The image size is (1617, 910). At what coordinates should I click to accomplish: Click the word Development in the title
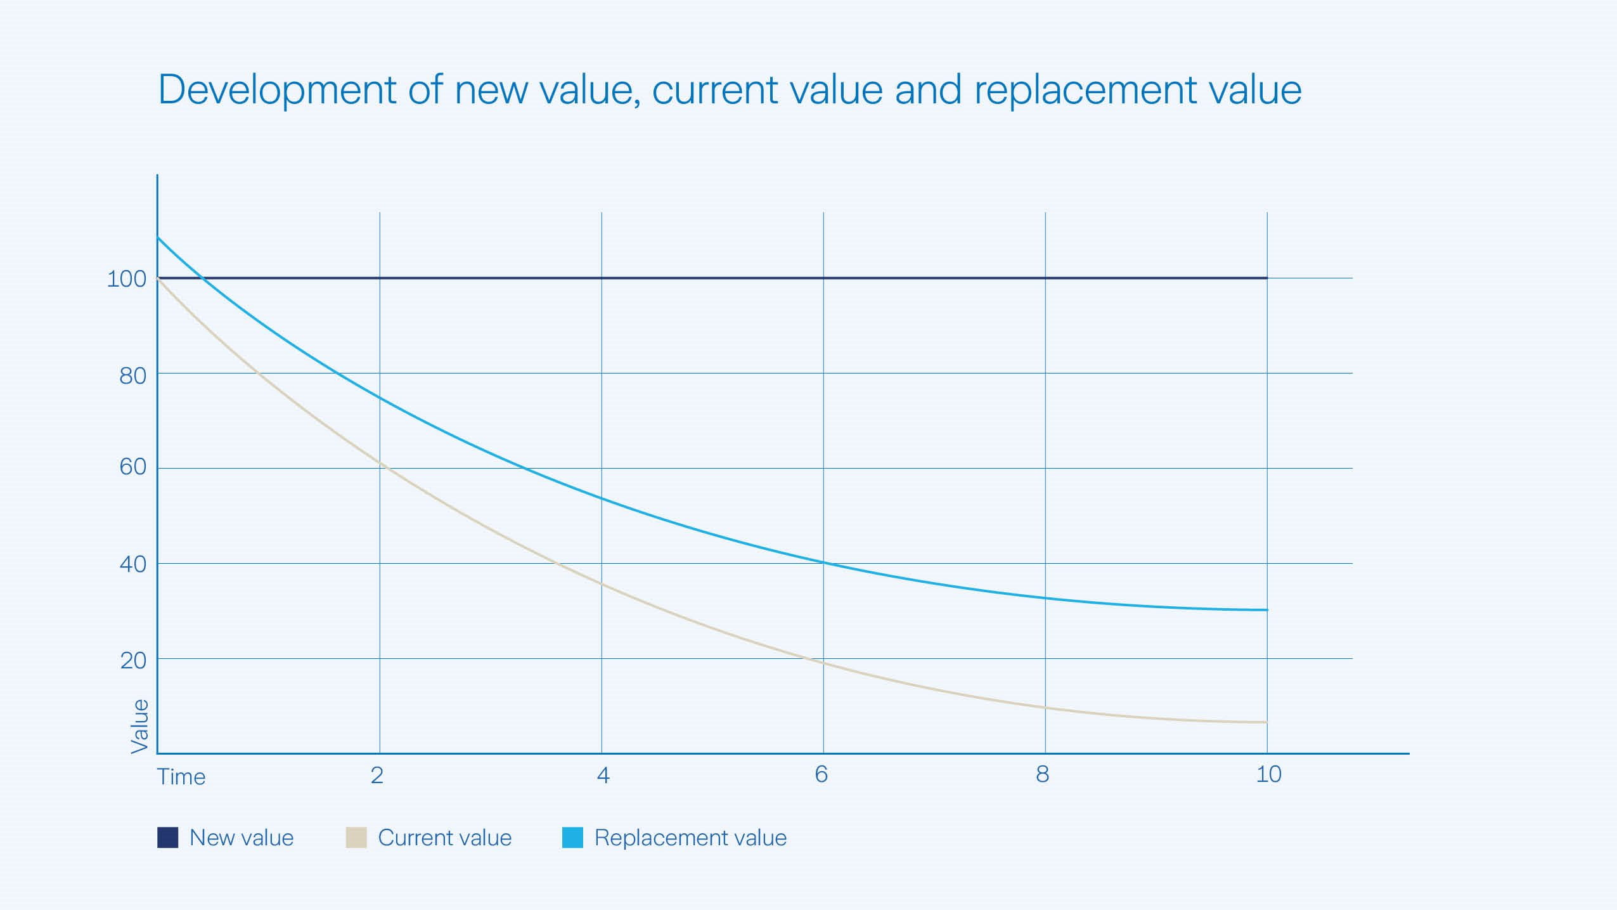point(277,90)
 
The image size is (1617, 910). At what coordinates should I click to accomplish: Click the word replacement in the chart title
point(1085,90)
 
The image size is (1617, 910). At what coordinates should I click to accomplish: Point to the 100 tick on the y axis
point(127,279)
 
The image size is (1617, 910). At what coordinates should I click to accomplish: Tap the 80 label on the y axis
point(132,376)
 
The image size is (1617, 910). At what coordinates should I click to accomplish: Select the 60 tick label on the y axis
point(132,467)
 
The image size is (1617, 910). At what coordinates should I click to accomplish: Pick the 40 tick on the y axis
point(132,564)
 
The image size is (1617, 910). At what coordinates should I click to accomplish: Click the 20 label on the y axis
point(132,661)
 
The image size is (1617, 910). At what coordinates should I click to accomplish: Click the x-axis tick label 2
point(377,775)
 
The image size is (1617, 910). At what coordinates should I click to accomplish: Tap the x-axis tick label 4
point(603,775)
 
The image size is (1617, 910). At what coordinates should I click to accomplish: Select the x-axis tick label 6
point(821,774)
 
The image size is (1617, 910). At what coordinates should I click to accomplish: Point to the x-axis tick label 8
point(1043,774)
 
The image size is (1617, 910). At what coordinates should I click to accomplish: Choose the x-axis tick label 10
point(1269,774)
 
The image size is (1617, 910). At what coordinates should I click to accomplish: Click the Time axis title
point(181,777)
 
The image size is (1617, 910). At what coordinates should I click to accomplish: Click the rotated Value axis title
point(139,726)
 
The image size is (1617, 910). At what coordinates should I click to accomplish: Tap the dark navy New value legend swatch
point(167,838)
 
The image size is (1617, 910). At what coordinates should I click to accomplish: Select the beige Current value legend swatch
point(356,838)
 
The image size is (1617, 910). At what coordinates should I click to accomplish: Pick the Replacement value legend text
point(690,838)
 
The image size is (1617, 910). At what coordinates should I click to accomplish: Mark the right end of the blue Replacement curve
point(1266,610)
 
